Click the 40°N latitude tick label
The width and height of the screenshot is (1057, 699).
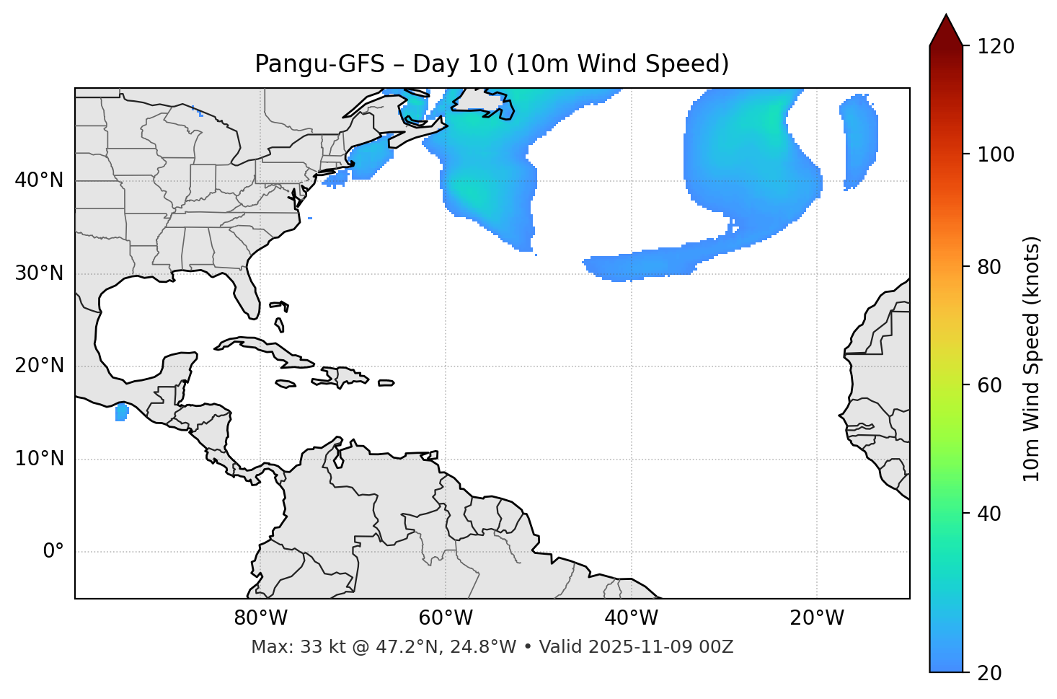coord(39,180)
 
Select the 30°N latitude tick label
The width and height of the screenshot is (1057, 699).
coord(39,273)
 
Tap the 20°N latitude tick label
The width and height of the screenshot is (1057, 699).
coord(39,366)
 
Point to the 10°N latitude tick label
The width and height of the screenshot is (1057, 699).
coord(39,459)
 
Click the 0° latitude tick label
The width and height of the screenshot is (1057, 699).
coord(53,552)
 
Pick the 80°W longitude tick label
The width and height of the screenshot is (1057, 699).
coord(260,618)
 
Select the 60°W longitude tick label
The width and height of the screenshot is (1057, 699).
coord(446,618)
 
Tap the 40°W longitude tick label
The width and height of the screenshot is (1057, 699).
coord(631,618)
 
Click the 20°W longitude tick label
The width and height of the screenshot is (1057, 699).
coord(817,618)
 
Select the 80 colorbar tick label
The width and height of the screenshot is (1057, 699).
coord(989,267)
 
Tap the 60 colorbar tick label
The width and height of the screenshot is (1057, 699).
coord(989,385)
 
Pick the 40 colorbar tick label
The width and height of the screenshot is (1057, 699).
coord(989,514)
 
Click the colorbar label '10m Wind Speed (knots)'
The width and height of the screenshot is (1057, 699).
coord(1032,359)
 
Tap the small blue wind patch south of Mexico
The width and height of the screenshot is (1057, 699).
coord(121,413)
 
